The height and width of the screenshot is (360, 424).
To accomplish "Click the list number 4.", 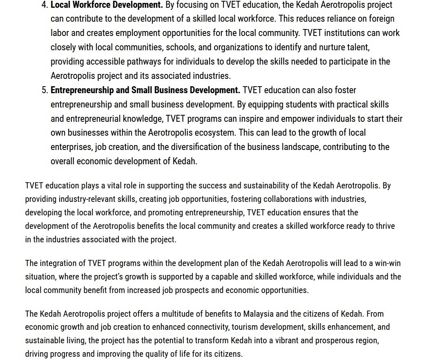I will [x=45, y=5].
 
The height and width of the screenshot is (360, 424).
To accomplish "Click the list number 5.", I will [x=45, y=90].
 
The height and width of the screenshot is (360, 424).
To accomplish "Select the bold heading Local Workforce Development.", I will [x=107, y=5].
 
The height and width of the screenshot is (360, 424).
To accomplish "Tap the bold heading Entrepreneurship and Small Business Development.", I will [x=145, y=90].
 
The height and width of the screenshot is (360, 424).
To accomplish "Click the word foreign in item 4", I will [x=382, y=19].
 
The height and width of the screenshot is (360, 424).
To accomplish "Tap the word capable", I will [x=223, y=277].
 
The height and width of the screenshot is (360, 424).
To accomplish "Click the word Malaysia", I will [x=258, y=314].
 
